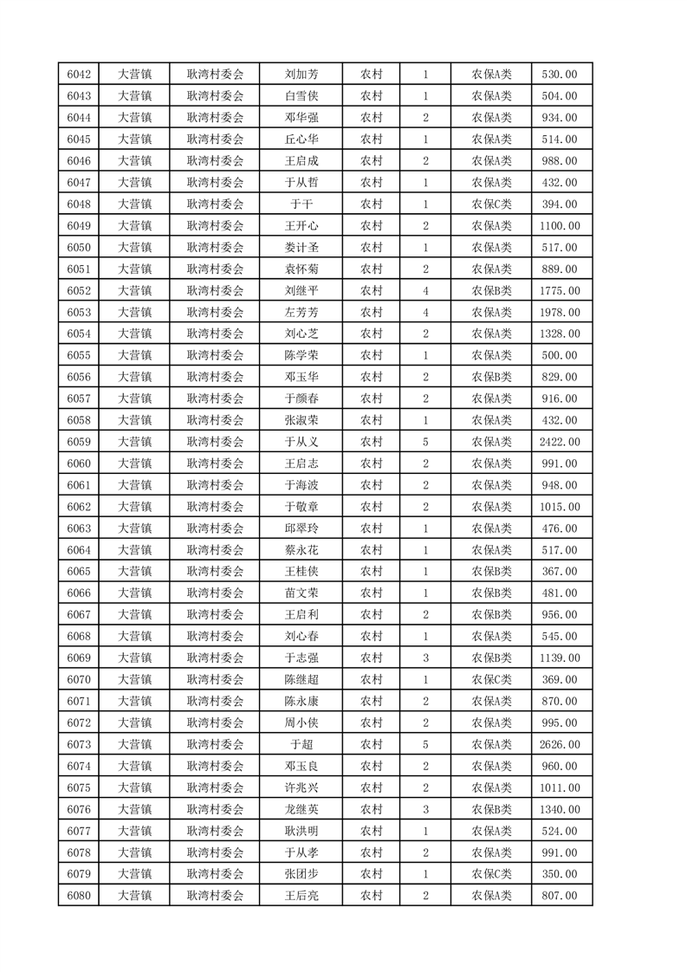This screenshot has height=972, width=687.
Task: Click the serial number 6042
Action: tap(79, 75)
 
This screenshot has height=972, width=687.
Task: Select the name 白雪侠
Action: tap(301, 96)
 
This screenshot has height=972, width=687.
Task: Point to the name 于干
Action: tap(301, 204)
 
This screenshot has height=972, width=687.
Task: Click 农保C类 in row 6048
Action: tap(491, 204)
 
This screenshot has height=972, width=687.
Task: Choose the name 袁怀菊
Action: tap(301, 269)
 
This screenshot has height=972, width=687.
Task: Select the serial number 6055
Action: tap(79, 355)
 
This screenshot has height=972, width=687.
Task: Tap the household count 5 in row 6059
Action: tap(425, 442)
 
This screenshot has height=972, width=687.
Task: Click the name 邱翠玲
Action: tap(301, 528)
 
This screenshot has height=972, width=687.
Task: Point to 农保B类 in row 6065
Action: tap(491, 572)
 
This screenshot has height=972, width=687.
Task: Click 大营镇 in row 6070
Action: tap(135, 679)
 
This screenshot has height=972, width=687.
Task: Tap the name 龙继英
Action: tap(301, 809)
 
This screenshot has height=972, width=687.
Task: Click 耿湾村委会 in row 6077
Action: tap(216, 831)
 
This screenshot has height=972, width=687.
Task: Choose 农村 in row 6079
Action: tap(372, 874)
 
